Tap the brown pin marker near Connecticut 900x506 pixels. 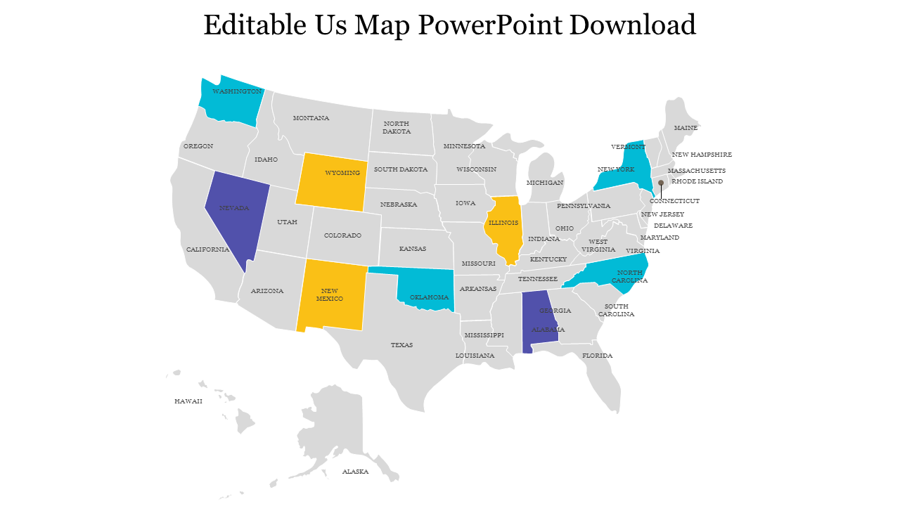[661, 183]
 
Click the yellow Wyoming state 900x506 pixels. [331, 179]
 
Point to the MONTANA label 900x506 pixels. [311, 118]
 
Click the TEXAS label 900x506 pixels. [402, 345]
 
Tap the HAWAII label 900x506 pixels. [188, 401]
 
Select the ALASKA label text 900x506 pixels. [355, 472]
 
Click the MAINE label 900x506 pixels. [686, 128]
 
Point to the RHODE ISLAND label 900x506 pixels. [697, 181]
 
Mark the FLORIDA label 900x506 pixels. [598, 356]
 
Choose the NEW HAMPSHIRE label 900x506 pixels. [702, 155]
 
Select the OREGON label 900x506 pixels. [198, 146]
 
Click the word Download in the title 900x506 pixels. [632, 25]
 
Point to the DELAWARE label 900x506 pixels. [673, 226]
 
